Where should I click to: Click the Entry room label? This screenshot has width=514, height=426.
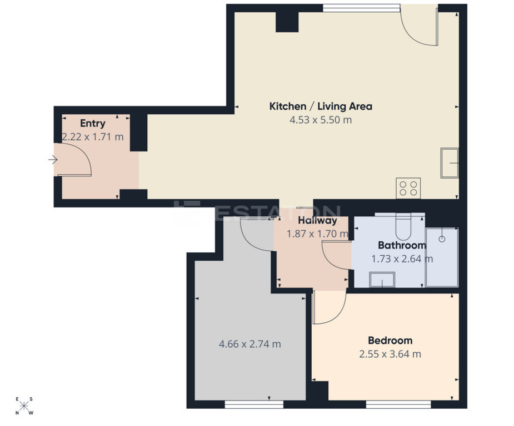click(93, 123)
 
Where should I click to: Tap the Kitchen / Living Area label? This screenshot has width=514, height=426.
click(321, 106)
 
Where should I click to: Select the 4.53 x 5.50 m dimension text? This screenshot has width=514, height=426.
click(321, 120)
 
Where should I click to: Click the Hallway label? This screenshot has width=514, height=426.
click(317, 220)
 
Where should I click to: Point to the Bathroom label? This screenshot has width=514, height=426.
click(402, 245)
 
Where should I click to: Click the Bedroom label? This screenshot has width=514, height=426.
click(390, 340)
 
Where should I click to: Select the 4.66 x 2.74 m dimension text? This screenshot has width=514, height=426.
click(250, 344)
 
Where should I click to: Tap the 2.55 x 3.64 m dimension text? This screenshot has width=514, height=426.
click(390, 354)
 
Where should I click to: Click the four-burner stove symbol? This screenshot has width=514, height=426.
click(408, 188)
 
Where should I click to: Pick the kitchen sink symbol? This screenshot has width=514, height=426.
click(450, 163)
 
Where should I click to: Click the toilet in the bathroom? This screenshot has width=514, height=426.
click(403, 227)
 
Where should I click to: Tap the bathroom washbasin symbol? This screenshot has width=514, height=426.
click(382, 280)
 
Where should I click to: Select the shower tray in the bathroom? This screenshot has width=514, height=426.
click(442, 257)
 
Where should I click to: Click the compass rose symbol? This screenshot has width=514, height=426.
click(24, 406)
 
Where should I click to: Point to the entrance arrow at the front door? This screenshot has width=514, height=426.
click(53, 160)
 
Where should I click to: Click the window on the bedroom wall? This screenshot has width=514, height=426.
click(398, 404)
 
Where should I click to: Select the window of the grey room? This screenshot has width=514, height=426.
click(254, 404)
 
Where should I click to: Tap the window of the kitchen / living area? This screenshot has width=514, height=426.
click(361, 8)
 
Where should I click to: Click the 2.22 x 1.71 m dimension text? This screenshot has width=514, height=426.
click(93, 137)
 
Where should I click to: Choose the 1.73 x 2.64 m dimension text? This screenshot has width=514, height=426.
click(402, 259)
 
